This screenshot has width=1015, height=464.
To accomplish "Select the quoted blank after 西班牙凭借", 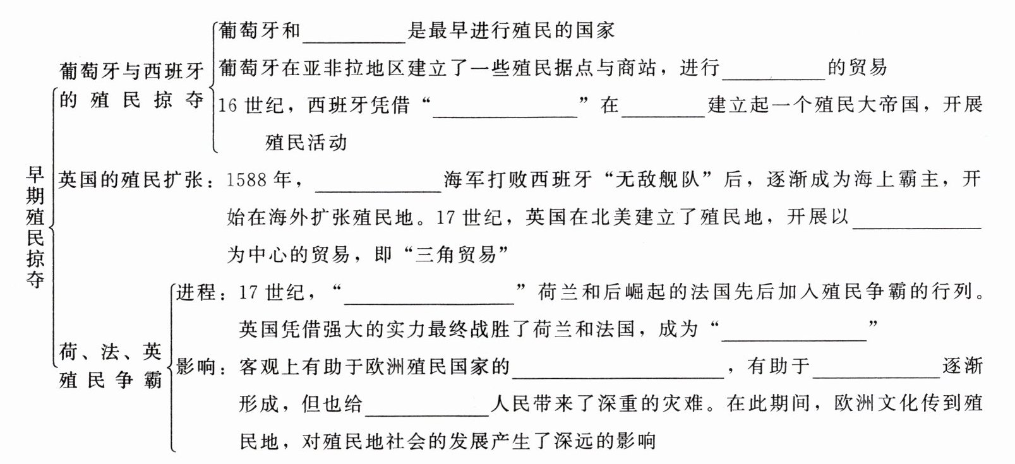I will click(x=505, y=106).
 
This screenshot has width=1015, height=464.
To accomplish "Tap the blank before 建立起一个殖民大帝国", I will click(x=663, y=106).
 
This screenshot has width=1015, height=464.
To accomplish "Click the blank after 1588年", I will click(x=377, y=181).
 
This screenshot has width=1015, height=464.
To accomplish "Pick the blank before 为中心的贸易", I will click(x=916, y=218).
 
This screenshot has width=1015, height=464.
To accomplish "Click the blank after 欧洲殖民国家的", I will click(x=618, y=367).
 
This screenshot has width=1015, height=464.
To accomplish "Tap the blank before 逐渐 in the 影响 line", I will click(x=877, y=367).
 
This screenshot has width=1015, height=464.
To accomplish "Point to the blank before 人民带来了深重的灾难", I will click(x=428, y=405).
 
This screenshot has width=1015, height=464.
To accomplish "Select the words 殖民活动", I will click(x=306, y=143).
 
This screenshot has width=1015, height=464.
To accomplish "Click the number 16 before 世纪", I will click(x=227, y=106).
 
